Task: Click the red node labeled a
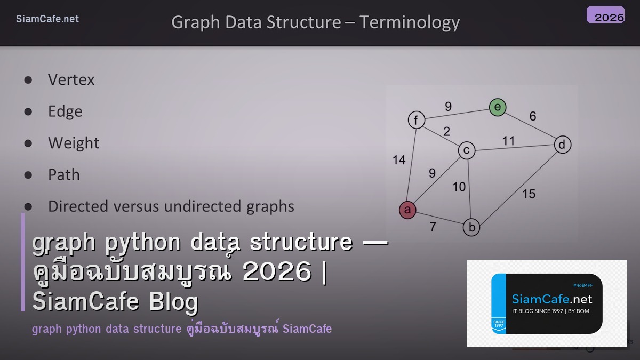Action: (407, 210)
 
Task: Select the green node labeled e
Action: (498, 108)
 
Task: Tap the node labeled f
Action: (416, 120)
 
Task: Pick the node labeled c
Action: (467, 151)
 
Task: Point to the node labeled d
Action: (562, 145)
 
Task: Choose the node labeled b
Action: (471, 228)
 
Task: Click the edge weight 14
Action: (399, 160)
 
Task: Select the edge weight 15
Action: (529, 194)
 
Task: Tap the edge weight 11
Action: (508, 141)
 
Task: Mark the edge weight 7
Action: (433, 227)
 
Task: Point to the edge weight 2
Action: (446, 131)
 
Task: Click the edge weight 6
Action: (532, 116)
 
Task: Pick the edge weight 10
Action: (459, 187)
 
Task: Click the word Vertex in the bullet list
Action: (71, 80)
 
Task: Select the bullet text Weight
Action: (74, 143)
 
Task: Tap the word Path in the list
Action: (63, 175)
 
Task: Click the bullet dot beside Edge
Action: (28, 111)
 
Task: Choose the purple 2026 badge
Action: (606, 15)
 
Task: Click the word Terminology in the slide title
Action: (409, 22)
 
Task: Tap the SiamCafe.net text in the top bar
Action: (47, 19)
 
